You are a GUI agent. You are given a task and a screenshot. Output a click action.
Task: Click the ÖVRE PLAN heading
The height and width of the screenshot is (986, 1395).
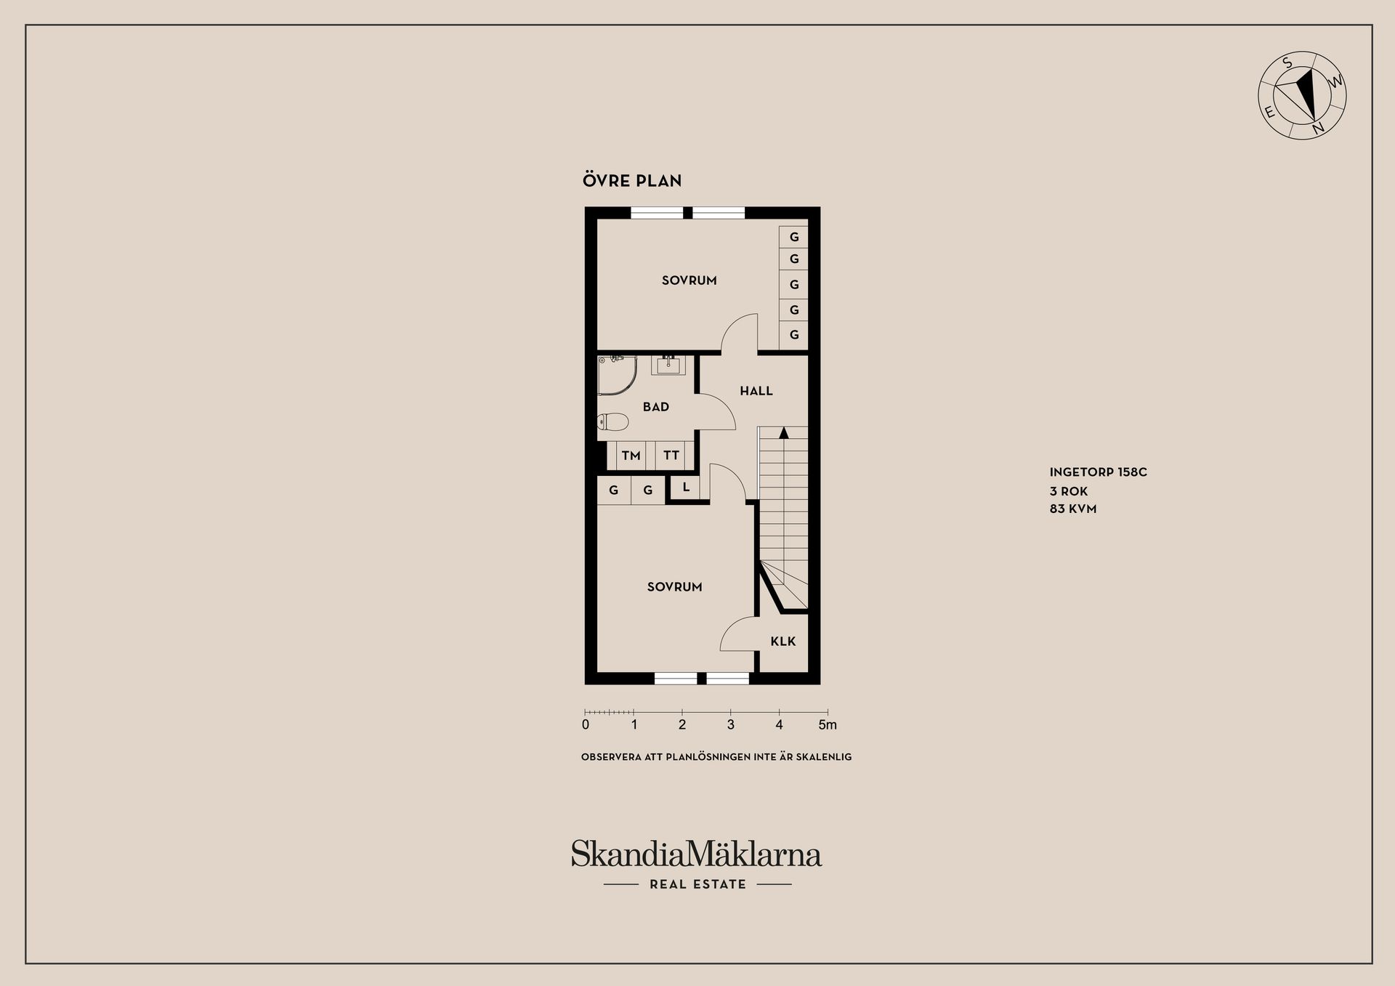click(632, 180)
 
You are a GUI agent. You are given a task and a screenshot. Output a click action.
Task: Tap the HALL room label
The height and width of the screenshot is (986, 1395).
click(756, 391)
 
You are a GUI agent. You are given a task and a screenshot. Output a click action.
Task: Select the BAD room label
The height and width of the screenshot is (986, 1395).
click(656, 407)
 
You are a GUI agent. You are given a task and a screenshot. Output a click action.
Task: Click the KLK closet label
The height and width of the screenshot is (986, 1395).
click(783, 641)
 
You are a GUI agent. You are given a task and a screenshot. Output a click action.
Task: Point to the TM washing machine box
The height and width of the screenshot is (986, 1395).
click(631, 456)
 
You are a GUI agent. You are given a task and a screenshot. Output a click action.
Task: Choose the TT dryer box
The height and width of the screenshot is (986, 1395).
click(671, 456)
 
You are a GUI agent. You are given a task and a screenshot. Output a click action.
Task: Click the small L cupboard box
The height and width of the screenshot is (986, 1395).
click(685, 488)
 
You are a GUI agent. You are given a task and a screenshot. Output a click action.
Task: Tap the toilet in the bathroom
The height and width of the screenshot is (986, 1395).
click(612, 422)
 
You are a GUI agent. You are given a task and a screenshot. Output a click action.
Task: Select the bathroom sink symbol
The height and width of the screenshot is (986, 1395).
click(668, 365)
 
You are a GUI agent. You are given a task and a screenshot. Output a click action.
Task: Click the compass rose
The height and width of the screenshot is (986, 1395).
click(1302, 95)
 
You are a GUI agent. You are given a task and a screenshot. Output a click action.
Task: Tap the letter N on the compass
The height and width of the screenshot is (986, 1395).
click(1317, 129)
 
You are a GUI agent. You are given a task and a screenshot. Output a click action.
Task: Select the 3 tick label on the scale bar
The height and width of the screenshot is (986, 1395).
click(730, 724)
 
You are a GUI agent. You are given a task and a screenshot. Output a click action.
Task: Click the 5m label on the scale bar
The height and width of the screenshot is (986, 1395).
click(828, 724)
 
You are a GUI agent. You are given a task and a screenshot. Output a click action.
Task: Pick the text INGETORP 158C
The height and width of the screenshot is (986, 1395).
click(1098, 472)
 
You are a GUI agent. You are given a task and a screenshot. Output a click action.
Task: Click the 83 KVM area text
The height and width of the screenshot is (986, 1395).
click(1072, 509)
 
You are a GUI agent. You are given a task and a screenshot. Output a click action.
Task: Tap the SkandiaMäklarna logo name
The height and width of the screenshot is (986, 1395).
click(696, 854)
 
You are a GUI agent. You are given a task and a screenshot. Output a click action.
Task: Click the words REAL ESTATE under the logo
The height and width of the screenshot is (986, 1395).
click(697, 884)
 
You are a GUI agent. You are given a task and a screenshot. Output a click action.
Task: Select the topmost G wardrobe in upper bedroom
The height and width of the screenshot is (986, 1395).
click(793, 237)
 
